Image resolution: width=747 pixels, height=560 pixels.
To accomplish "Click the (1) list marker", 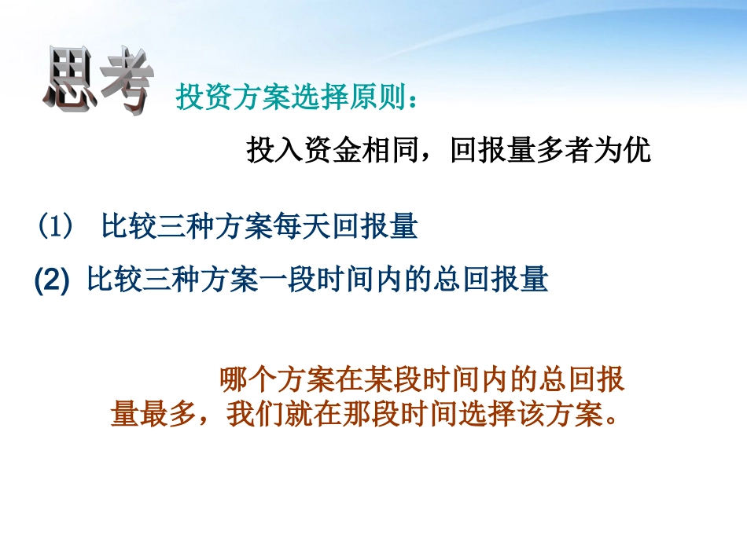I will point(55,227).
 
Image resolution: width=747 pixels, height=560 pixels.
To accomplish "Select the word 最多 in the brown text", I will point(167,414).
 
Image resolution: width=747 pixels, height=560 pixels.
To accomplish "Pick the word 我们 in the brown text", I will point(253,414).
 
